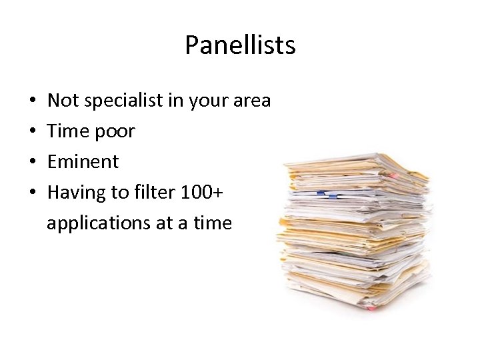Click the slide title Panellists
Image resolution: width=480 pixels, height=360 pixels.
240,45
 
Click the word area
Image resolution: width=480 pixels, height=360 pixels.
252,101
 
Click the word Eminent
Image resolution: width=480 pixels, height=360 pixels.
83,161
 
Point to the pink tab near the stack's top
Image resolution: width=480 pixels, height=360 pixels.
393,175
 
